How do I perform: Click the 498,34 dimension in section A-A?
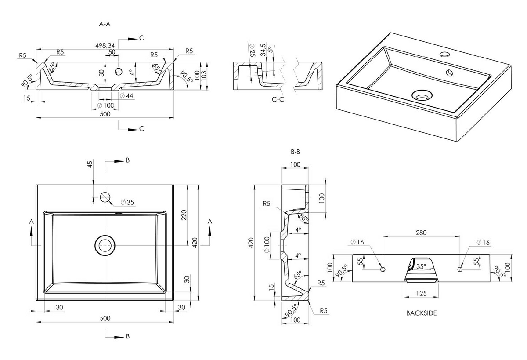point(106,45)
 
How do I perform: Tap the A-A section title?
point(105,25)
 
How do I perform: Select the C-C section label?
point(278,99)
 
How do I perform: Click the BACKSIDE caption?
point(421,313)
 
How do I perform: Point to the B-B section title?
point(295,152)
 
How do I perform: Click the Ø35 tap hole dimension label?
point(127,203)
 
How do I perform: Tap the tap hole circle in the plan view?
point(105,197)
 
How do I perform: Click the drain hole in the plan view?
point(105,245)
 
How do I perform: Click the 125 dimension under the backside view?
point(421,293)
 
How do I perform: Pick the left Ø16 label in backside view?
point(358,242)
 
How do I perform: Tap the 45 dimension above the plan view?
point(90,164)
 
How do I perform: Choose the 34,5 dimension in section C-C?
point(263,49)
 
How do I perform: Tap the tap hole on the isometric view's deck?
point(444,55)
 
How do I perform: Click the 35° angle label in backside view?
point(421,266)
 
